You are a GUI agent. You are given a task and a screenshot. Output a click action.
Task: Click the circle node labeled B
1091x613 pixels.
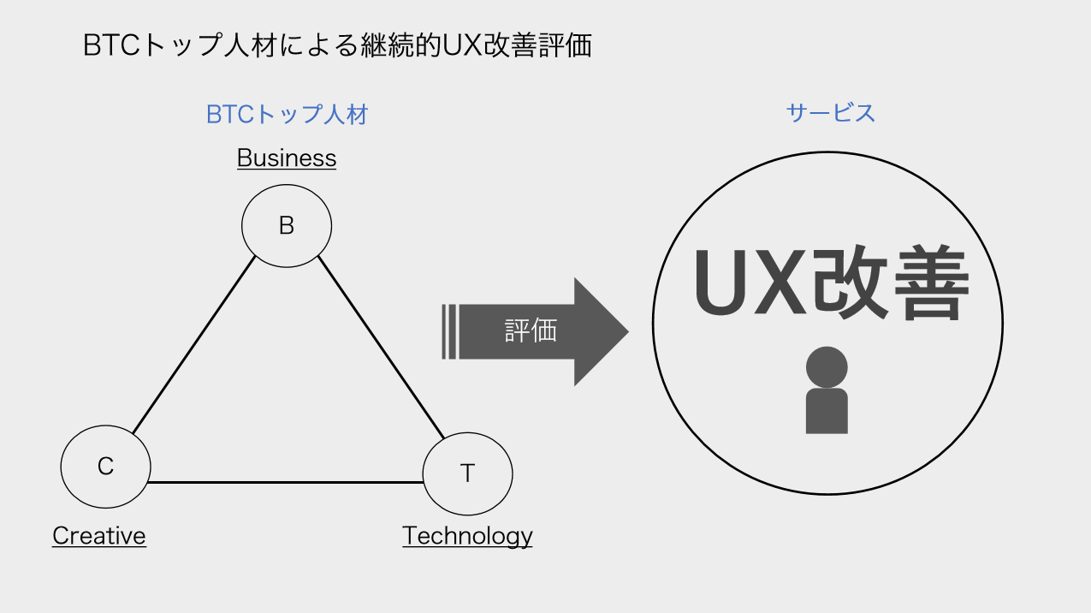click(287, 225)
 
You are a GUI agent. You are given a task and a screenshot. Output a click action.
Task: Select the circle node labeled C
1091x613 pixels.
click(105, 467)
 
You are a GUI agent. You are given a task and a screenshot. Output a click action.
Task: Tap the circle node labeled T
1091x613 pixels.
click(467, 473)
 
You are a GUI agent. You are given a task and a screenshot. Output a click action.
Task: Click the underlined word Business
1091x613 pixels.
click(287, 158)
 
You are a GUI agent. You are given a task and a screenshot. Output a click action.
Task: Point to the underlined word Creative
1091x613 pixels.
click(99, 536)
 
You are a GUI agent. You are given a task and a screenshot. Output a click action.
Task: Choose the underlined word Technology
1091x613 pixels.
click(467, 536)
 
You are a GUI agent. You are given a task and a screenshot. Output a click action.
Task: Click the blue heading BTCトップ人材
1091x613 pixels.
click(287, 115)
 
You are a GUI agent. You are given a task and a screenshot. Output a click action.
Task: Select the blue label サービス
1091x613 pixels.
click(830, 113)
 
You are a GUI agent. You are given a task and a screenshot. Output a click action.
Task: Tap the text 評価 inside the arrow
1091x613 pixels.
click(531, 331)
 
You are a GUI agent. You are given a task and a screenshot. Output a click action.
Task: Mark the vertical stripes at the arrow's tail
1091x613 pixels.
click(448, 331)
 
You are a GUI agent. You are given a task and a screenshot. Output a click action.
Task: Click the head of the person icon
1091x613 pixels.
click(827, 366)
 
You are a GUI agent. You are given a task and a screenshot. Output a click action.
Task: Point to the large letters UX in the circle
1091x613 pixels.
click(748, 283)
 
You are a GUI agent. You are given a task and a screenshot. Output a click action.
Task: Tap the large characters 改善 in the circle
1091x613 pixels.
click(890, 283)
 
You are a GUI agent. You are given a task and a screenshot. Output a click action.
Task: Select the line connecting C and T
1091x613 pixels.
click(287, 483)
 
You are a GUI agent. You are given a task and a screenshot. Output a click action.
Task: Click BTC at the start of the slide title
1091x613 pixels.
click(111, 46)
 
